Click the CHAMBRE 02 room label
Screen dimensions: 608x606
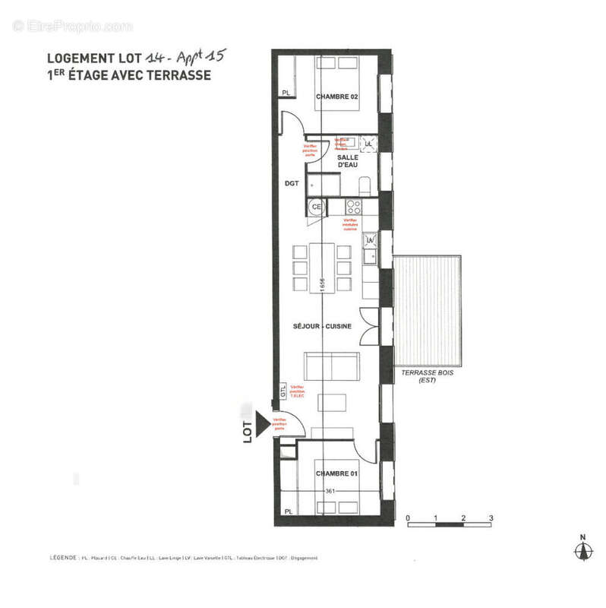[x=336, y=97]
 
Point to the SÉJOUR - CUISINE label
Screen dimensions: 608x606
[x=327, y=327]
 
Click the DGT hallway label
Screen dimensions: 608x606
[x=292, y=183]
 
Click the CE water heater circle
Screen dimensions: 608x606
[x=317, y=206]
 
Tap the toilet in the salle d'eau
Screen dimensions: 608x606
[x=365, y=185]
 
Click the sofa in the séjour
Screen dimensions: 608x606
[x=331, y=366]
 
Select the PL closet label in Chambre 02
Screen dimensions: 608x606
[x=286, y=93]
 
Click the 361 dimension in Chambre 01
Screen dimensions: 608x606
[x=330, y=491]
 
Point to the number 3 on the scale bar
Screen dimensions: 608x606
[x=491, y=519]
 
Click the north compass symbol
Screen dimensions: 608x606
[x=583, y=550]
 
